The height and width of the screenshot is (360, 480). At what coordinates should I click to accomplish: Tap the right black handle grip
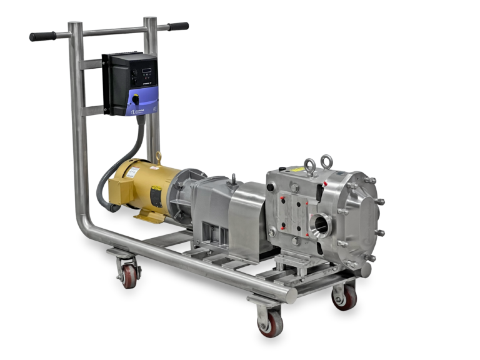(178, 27)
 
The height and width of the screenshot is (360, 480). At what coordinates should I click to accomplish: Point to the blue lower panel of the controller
(138, 101)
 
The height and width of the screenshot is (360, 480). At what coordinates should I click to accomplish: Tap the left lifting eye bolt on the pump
(307, 166)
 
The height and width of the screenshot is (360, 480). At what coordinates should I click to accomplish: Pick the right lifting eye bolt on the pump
(326, 161)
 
